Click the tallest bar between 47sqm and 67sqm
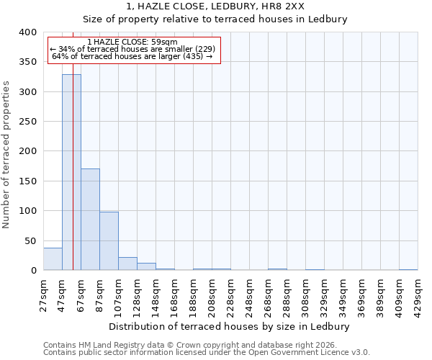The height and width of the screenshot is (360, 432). click(x=71, y=173)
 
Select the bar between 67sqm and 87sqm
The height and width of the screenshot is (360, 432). click(x=90, y=220)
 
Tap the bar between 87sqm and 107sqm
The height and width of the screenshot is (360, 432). click(x=109, y=241)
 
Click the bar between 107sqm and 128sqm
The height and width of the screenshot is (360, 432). click(x=127, y=264)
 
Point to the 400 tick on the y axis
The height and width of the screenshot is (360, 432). click(x=27, y=32)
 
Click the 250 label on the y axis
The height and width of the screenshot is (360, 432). click(x=27, y=122)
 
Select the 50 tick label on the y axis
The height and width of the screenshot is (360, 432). click(x=30, y=240)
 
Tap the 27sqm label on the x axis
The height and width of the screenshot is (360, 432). click(x=43, y=291)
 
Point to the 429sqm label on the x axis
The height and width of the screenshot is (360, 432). click(x=418, y=291)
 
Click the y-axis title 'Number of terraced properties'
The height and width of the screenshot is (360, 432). click(x=6, y=154)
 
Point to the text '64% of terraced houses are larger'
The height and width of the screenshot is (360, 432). click(x=132, y=56)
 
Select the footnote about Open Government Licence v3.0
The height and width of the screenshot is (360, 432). click(x=206, y=353)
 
